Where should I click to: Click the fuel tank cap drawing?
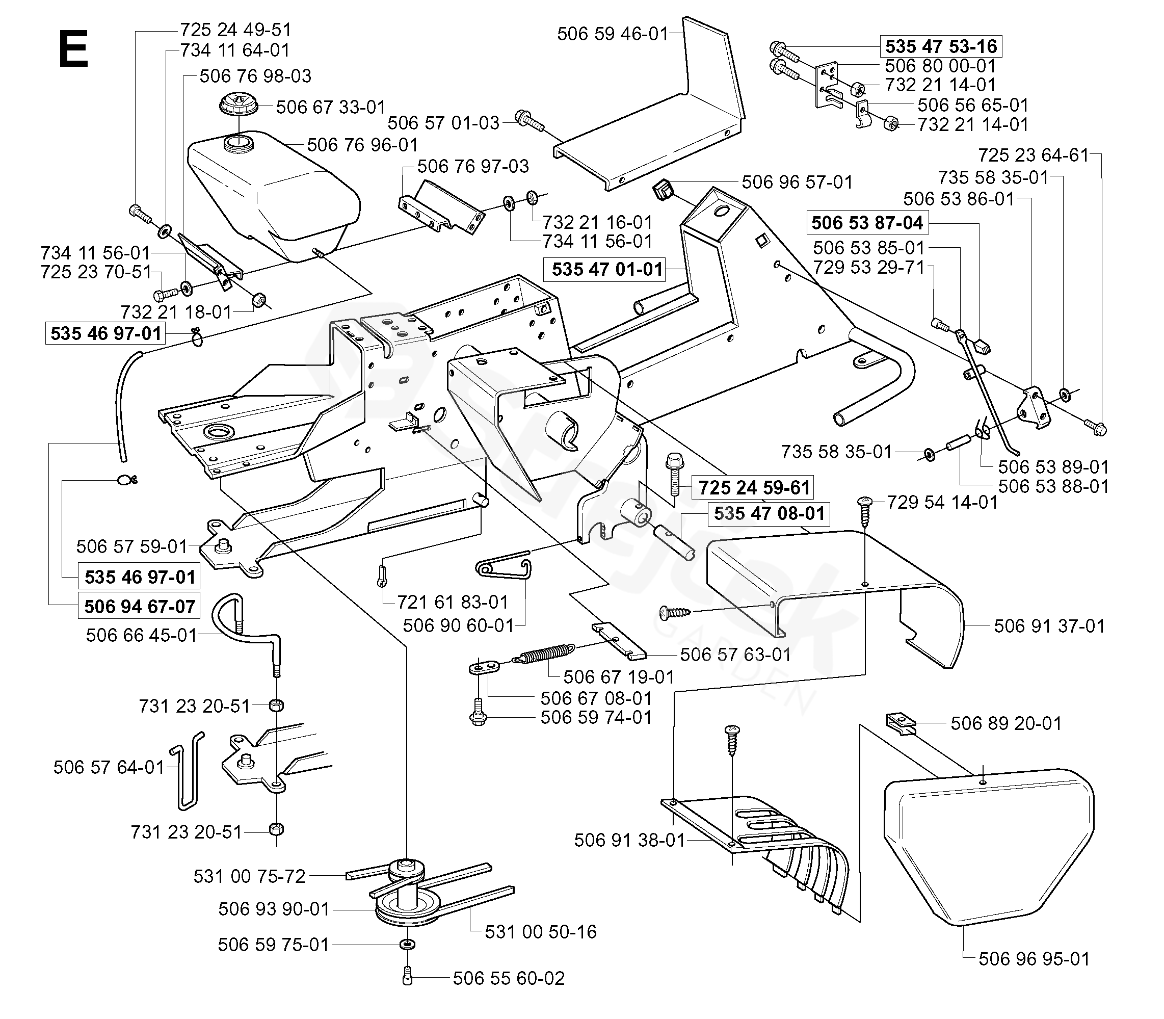[x=239, y=106]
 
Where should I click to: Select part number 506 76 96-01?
[x=363, y=145]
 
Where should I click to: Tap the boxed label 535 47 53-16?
[x=941, y=46]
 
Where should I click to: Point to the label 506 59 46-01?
[x=613, y=34]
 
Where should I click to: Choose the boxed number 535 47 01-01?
[x=607, y=269]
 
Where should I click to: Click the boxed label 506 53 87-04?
[x=867, y=222]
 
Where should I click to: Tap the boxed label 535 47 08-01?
[x=770, y=513]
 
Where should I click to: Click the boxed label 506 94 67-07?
[x=140, y=607]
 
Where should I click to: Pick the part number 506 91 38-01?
[x=630, y=841]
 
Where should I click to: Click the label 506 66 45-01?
[x=142, y=635]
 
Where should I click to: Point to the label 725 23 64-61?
[x=1033, y=155]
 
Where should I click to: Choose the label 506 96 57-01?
[x=798, y=182]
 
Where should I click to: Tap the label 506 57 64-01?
[x=109, y=768]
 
